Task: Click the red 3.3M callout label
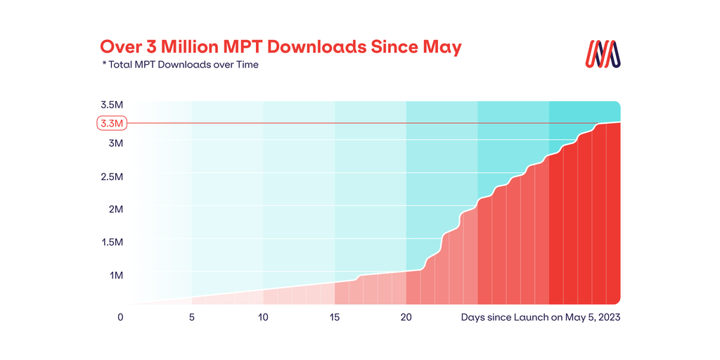pos(111,124)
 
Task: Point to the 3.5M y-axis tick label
pos(112,105)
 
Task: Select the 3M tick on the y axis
pos(115,143)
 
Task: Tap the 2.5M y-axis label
pos(112,176)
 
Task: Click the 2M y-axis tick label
pos(115,209)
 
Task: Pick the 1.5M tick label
pos(112,242)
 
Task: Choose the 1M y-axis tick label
pos(115,275)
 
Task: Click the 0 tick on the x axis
pos(120,317)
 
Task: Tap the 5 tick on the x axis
pos(191,317)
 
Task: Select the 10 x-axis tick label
pos(263,317)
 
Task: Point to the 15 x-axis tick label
pos(334,317)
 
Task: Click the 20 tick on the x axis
pos(406,317)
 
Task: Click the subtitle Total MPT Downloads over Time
pos(184,65)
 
